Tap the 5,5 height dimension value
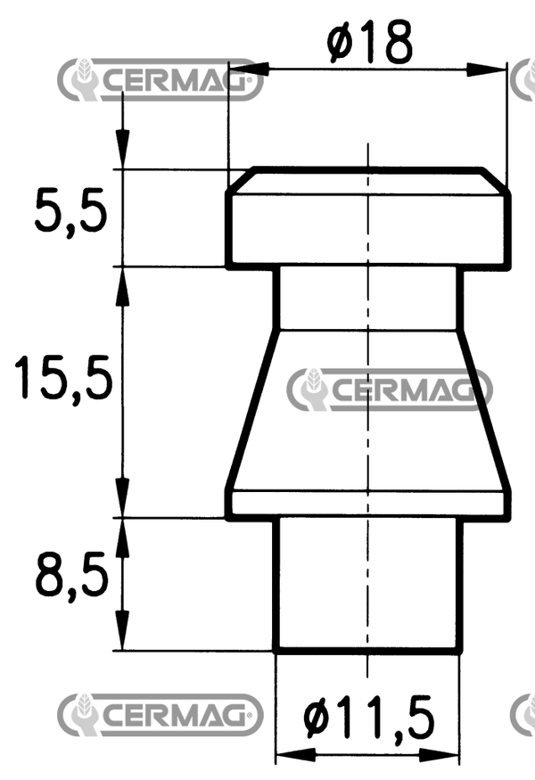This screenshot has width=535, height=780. pos(71,210)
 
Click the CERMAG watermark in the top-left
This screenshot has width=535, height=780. pos(160,79)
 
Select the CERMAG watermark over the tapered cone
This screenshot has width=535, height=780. pos(390,390)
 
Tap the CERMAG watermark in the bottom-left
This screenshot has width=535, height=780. pos(160,715)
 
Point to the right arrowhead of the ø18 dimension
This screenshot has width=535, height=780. pos(486,70)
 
